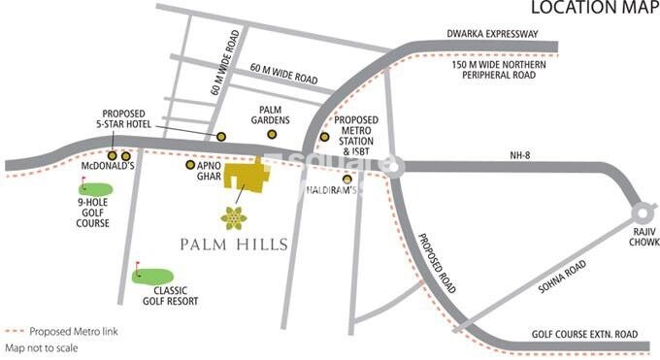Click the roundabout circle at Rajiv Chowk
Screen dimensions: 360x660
(642, 213)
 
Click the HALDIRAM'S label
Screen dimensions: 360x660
(328, 190)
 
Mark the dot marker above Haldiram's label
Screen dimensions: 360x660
(347, 179)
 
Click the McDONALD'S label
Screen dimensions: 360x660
(105, 166)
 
